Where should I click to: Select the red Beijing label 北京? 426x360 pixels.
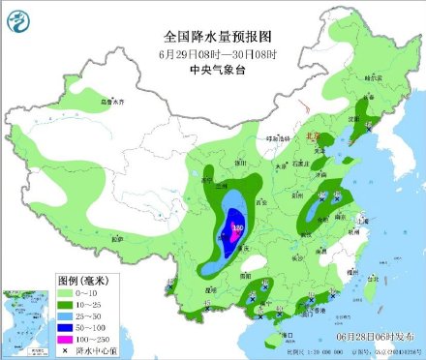coord(312,138)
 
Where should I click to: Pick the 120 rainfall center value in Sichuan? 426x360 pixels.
coord(237,229)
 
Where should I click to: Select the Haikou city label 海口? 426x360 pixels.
coord(288,334)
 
